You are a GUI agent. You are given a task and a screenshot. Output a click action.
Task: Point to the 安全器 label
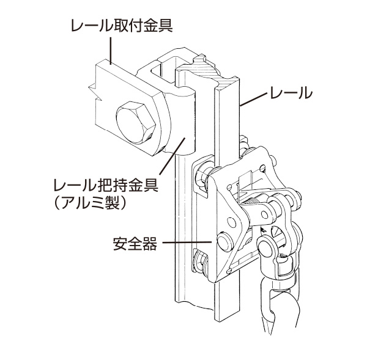click(x=135, y=244)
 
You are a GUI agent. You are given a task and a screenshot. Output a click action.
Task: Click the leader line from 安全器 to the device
click(x=187, y=244)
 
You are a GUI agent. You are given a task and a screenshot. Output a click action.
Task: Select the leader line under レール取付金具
click(x=111, y=49)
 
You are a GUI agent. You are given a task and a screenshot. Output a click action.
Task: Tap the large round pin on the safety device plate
click(x=224, y=242)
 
